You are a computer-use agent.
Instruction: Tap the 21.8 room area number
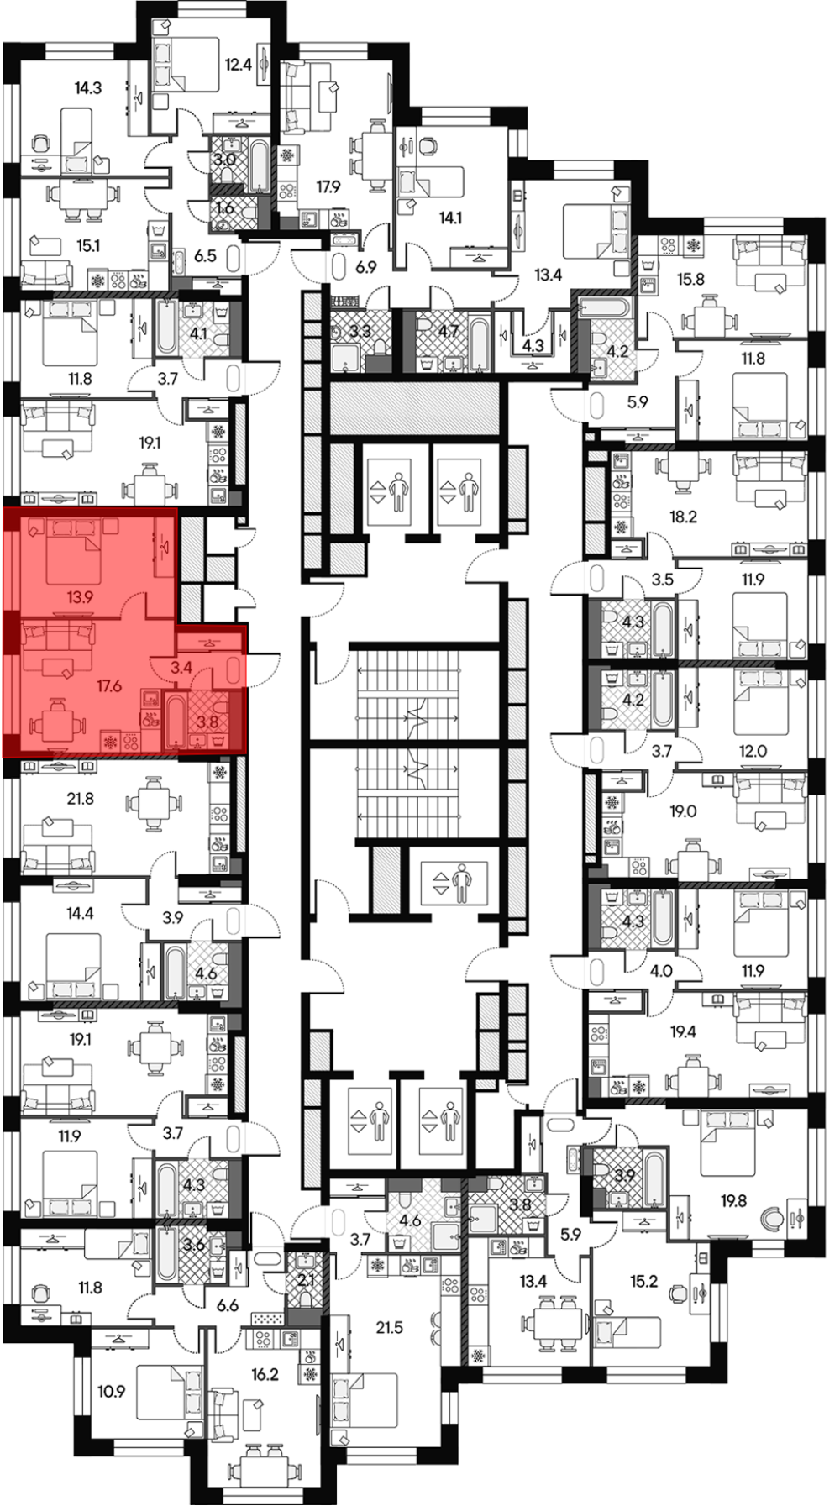click(x=81, y=799)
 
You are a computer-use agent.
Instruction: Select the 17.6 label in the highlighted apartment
click(x=109, y=686)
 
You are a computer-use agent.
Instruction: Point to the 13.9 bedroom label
click(x=81, y=597)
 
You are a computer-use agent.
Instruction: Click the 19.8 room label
click(x=732, y=1201)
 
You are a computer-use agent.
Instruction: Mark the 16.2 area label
click(x=264, y=1375)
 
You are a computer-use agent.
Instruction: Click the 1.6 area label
click(x=224, y=206)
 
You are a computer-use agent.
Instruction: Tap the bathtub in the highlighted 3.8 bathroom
click(x=177, y=719)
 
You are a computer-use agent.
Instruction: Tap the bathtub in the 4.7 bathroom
click(x=478, y=344)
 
